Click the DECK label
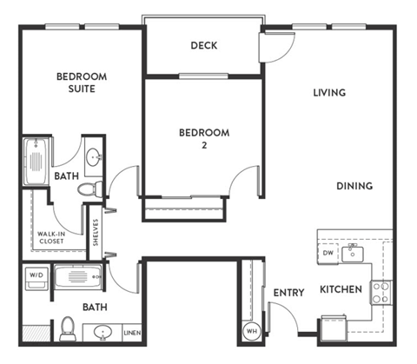click(203, 46)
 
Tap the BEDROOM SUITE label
click(81, 83)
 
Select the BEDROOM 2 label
click(203, 138)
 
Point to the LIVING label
click(329, 93)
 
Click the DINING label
click(355, 185)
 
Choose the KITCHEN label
click(340, 288)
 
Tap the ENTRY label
click(288, 293)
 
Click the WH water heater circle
click(251, 330)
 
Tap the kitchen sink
click(353, 254)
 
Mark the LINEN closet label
click(131, 333)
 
